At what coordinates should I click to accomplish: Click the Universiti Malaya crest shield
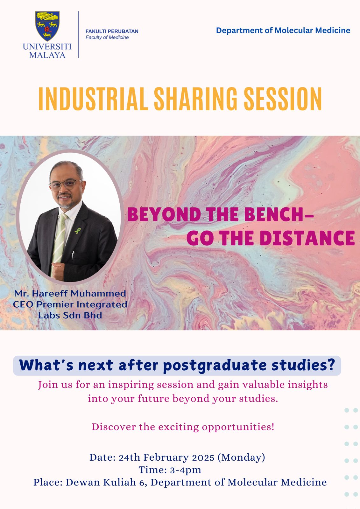tap(47, 26)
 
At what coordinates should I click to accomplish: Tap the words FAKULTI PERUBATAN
tap(112, 31)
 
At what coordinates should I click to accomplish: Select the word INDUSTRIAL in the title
tap(93, 99)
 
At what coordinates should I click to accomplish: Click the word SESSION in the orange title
tap(283, 99)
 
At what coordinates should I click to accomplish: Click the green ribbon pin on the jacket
tap(78, 231)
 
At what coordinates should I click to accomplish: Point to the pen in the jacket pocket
tap(73, 255)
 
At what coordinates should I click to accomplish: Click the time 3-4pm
tap(186, 470)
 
